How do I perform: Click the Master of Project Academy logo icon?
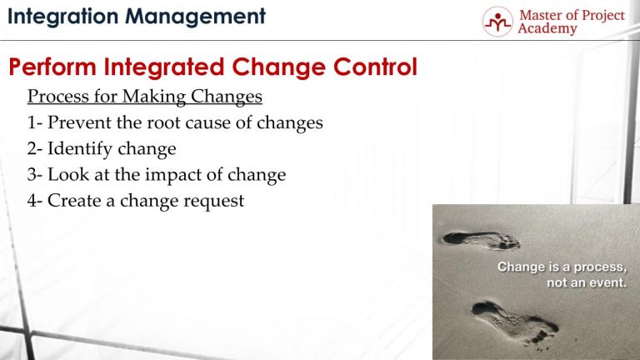497,21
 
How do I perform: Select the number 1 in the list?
32,123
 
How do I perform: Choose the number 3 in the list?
32,175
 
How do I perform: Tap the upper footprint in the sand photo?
481,240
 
